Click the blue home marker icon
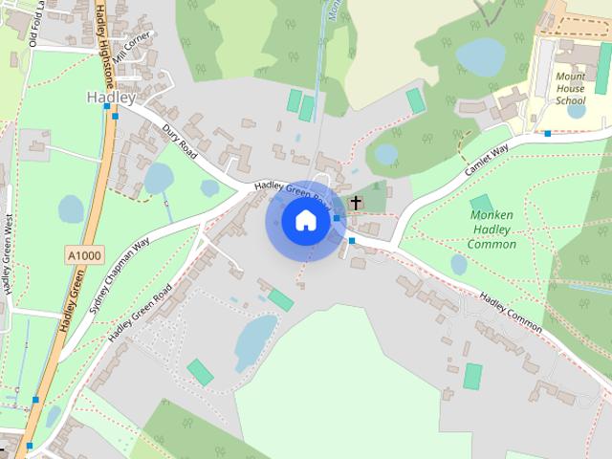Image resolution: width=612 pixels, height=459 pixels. pyautogui.click(x=305, y=221)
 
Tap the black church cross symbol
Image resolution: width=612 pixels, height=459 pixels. pyautogui.click(x=357, y=202)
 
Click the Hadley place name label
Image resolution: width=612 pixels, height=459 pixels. pyautogui.click(x=111, y=98)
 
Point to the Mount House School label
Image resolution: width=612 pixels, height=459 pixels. pyautogui.click(x=570, y=89)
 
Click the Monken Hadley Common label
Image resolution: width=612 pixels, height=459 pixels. pyautogui.click(x=492, y=229)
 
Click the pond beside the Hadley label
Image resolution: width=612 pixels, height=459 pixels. pyautogui.click(x=158, y=178)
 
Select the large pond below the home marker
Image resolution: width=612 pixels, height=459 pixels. pyautogui.click(x=254, y=339)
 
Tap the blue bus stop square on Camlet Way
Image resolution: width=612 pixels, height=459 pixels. pyautogui.click(x=547, y=134)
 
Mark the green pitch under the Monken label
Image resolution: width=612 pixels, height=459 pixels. pyautogui.click(x=482, y=204)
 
